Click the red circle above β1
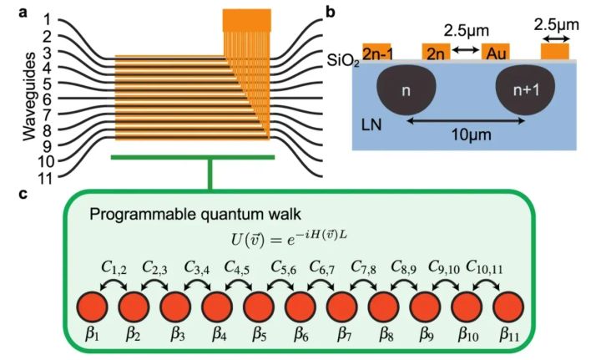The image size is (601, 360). pos(93,308)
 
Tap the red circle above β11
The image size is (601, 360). pos(505,308)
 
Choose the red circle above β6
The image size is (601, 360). pos(299,308)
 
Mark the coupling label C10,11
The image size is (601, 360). pos(484,269)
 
